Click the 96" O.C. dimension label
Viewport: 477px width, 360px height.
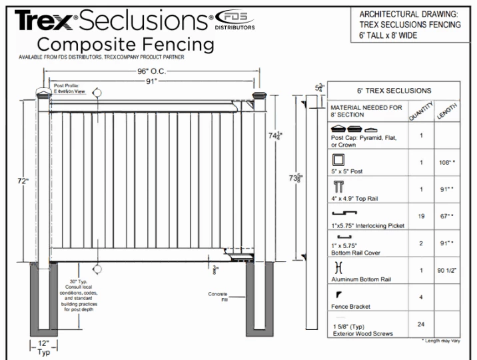[151, 70]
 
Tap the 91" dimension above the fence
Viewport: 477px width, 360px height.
[153, 81]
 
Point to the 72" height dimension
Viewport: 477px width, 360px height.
[24, 180]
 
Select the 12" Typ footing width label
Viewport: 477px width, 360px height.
[43, 347]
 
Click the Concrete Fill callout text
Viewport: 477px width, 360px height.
[218, 297]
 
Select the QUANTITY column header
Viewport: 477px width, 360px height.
[418, 109]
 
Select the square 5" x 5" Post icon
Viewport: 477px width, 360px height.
[338, 159]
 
